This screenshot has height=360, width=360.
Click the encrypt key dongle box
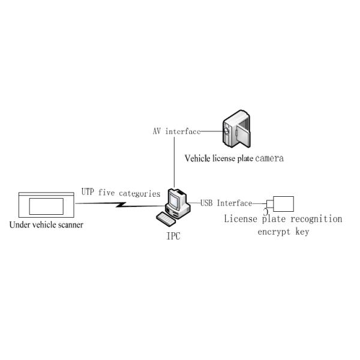283,203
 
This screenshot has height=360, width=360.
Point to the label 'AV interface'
176,131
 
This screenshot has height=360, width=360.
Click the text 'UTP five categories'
121,193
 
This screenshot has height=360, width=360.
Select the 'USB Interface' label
226,203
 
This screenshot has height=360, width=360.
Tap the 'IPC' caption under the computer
173,236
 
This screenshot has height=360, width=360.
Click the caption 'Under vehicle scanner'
46,225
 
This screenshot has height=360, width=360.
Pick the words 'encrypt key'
283,232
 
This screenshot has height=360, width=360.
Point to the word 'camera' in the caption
269,159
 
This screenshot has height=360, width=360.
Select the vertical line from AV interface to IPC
174,162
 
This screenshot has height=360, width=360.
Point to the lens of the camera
226,128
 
